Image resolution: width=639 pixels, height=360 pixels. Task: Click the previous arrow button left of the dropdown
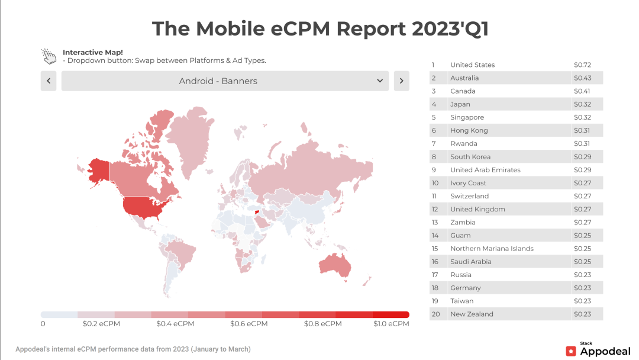48,81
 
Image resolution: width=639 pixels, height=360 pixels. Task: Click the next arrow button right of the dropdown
401,81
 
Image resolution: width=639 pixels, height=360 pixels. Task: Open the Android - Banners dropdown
225,81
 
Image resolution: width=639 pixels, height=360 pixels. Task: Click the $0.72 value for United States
582,65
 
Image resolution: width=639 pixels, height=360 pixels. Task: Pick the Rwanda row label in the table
463,144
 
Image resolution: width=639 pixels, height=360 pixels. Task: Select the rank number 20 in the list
435,314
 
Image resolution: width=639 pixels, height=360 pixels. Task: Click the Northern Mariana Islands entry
492,249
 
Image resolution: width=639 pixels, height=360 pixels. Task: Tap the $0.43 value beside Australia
582,78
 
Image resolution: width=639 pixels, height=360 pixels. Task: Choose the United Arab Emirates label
485,170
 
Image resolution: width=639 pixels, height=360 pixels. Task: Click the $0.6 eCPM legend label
248,324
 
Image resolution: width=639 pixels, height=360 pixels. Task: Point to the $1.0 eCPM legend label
391,324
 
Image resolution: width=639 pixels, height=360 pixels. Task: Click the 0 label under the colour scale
43,324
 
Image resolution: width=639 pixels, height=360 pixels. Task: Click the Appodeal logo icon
571,351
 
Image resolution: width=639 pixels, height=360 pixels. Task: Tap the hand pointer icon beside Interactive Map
49,56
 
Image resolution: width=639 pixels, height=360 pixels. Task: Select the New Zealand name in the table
472,314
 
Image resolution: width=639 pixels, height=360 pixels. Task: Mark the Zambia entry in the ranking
463,223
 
